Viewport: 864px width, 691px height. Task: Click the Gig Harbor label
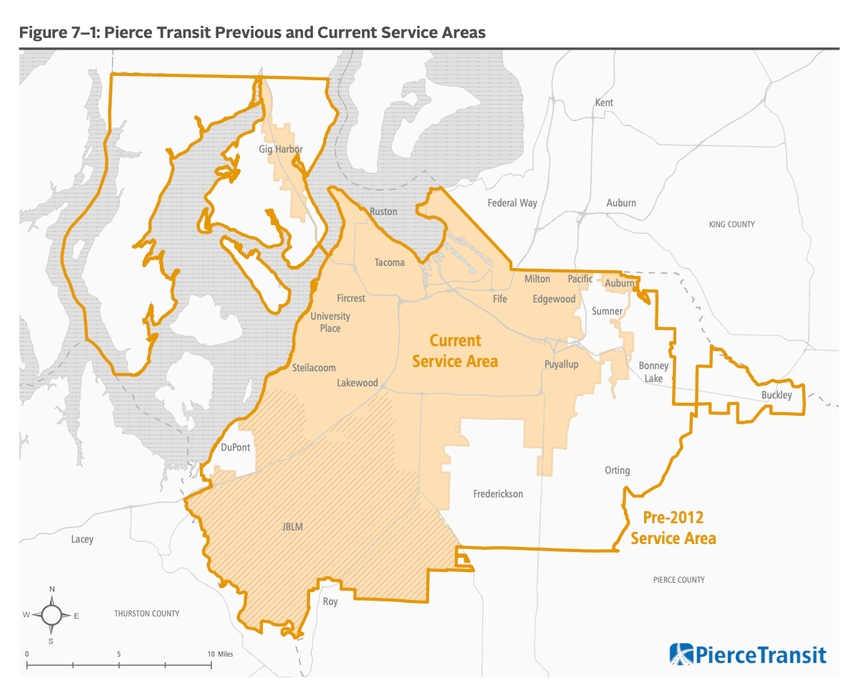281,149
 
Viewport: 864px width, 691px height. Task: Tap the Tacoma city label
389,262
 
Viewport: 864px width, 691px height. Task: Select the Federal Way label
512,203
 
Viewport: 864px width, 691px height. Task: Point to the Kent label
604,103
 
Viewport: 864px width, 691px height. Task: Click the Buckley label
777,395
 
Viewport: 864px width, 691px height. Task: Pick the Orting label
617,470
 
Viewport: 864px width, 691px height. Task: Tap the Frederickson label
498,494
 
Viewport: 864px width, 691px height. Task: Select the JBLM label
292,527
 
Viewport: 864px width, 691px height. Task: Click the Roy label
330,601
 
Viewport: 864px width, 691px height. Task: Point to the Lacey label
82,539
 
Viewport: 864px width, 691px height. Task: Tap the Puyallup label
561,364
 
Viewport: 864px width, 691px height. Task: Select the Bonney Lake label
653,371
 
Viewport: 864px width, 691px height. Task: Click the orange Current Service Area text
455,351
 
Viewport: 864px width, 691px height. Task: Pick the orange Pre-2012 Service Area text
673,528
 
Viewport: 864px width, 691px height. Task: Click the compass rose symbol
52,615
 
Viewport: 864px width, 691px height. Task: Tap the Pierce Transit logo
747,654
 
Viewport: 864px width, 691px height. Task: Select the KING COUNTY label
731,224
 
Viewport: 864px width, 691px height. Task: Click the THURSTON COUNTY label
147,614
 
